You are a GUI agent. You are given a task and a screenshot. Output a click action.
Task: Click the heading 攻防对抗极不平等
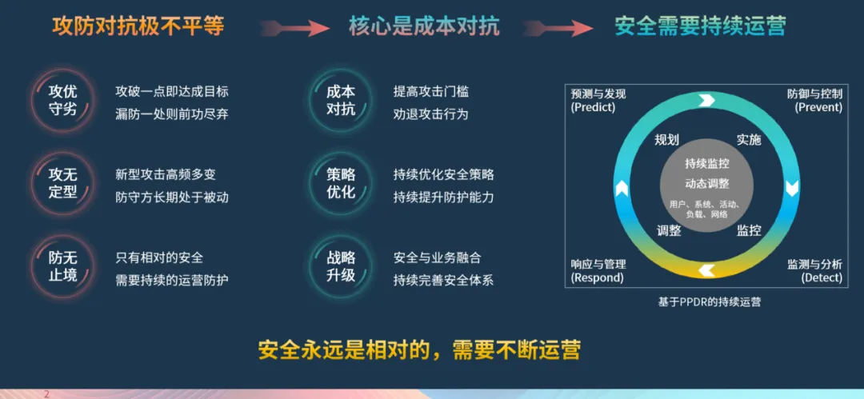coord(138,26)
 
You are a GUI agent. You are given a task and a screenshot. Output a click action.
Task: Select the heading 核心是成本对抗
coord(424,26)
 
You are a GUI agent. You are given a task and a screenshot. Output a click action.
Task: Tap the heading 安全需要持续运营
coord(700,26)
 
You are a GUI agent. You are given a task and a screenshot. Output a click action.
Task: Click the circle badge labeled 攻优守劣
coord(62,100)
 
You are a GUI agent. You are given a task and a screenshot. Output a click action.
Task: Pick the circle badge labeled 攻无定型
coord(62,183)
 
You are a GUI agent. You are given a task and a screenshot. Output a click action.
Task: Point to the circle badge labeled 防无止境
coord(62,267)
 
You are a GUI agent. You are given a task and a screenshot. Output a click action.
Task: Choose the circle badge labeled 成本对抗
coord(341,100)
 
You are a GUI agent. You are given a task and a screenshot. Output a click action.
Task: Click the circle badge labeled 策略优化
coord(341,183)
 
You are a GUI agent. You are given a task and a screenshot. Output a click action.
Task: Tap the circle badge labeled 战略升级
coord(341,267)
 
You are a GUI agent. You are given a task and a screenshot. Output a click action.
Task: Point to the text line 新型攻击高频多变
coord(166,174)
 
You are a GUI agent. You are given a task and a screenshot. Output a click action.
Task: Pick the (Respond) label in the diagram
coord(597,278)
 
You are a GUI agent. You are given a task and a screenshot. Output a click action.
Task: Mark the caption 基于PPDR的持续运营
coord(709,302)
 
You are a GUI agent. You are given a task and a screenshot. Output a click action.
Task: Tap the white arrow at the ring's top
coord(706,100)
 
